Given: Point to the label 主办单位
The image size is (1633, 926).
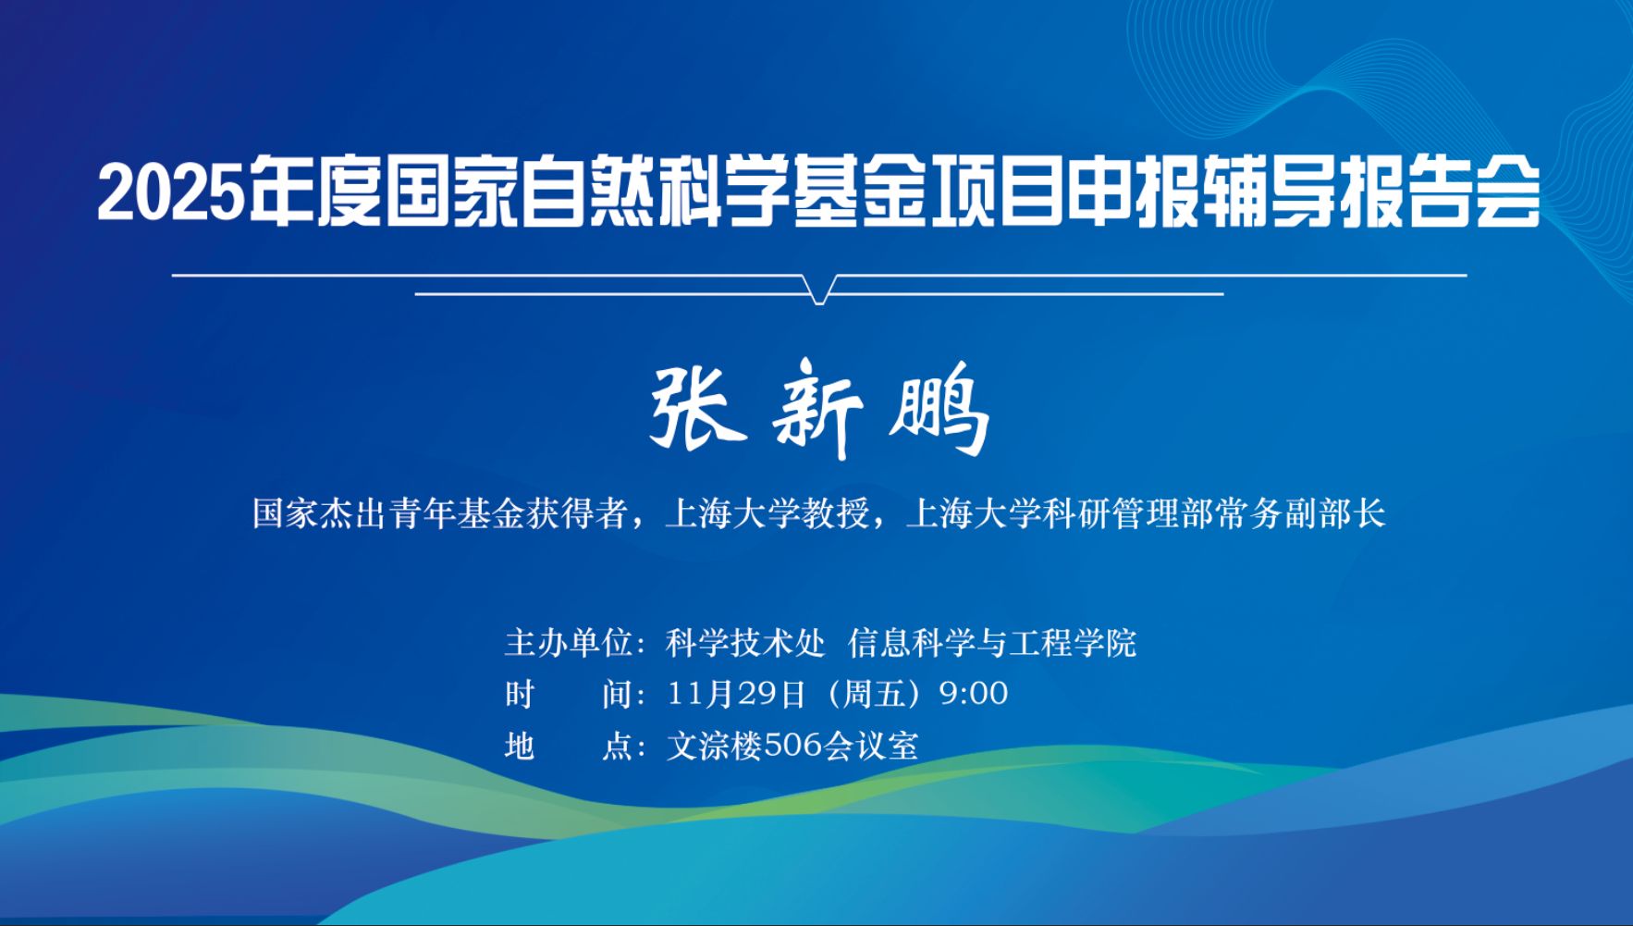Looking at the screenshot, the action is [569, 643].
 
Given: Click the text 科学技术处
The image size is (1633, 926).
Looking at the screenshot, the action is [744, 643].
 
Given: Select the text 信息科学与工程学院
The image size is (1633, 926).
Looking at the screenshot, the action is [992, 643].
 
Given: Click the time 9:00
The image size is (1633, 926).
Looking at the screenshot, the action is [974, 694].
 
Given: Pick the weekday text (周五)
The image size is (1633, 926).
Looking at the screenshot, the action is [872, 694].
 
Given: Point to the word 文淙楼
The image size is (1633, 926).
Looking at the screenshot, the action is [713, 746].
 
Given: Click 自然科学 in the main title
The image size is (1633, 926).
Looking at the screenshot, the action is [657, 193].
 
